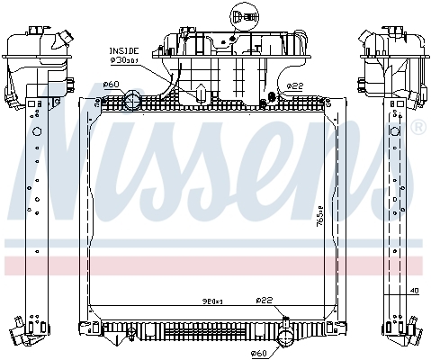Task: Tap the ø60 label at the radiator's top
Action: click(x=112, y=85)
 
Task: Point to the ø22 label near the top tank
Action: click(x=294, y=85)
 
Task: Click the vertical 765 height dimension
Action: click(x=320, y=216)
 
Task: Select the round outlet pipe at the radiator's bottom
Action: click(x=286, y=338)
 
